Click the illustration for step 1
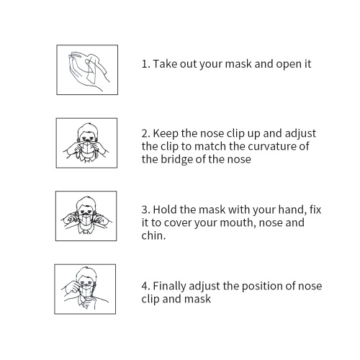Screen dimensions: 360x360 [87, 70]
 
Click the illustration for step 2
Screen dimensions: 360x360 [86, 143]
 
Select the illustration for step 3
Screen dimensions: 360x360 [86, 216]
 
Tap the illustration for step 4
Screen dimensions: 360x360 [85, 289]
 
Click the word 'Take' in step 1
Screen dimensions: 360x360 [163, 64]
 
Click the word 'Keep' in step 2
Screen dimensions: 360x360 [166, 134]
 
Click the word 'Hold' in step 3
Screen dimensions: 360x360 [165, 210]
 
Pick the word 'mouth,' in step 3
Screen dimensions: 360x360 [238, 223]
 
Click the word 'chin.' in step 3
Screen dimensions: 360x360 [153, 235]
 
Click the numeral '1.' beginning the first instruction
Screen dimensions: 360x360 [146, 64]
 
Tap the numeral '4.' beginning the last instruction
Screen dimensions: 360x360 [145, 286]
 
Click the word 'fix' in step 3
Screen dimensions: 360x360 [315, 210]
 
